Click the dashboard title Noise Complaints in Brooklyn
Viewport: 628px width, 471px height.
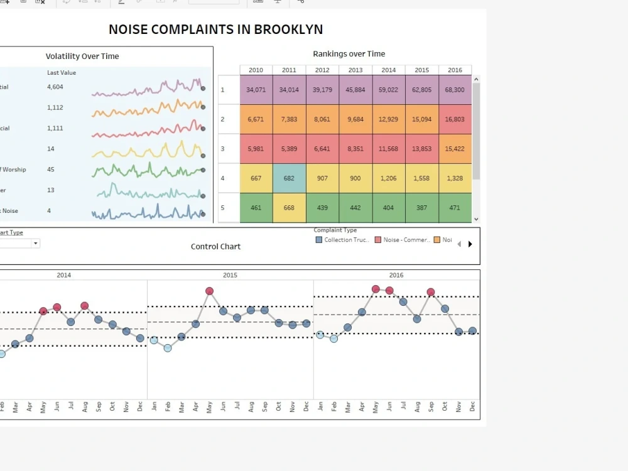click(x=215, y=29)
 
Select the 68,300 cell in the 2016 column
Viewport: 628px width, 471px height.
click(x=455, y=90)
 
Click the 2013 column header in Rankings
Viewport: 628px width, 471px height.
click(x=355, y=70)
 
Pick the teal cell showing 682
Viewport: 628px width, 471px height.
click(x=289, y=178)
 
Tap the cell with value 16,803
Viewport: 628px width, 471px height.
click(x=455, y=119)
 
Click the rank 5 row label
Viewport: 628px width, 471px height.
click(x=222, y=208)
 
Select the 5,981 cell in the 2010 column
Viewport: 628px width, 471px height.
click(x=256, y=149)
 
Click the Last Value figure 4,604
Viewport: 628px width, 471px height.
click(x=55, y=87)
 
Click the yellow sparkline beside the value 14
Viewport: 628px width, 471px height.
click(x=148, y=150)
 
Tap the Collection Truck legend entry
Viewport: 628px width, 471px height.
click(x=342, y=240)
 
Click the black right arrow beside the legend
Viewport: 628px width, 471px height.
click(x=470, y=244)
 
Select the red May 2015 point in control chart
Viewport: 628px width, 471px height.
click(x=209, y=291)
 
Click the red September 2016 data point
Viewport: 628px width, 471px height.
click(x=431, y=292)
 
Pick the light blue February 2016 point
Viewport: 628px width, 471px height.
click(x=333, y=338)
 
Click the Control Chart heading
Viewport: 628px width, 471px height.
click(x=215, y=247)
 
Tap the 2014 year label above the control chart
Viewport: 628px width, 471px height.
click(x=64, y=275)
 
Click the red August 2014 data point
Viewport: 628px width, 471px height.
click(x=85, y=306)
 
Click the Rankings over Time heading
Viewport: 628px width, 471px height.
click(x=349, y=54)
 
